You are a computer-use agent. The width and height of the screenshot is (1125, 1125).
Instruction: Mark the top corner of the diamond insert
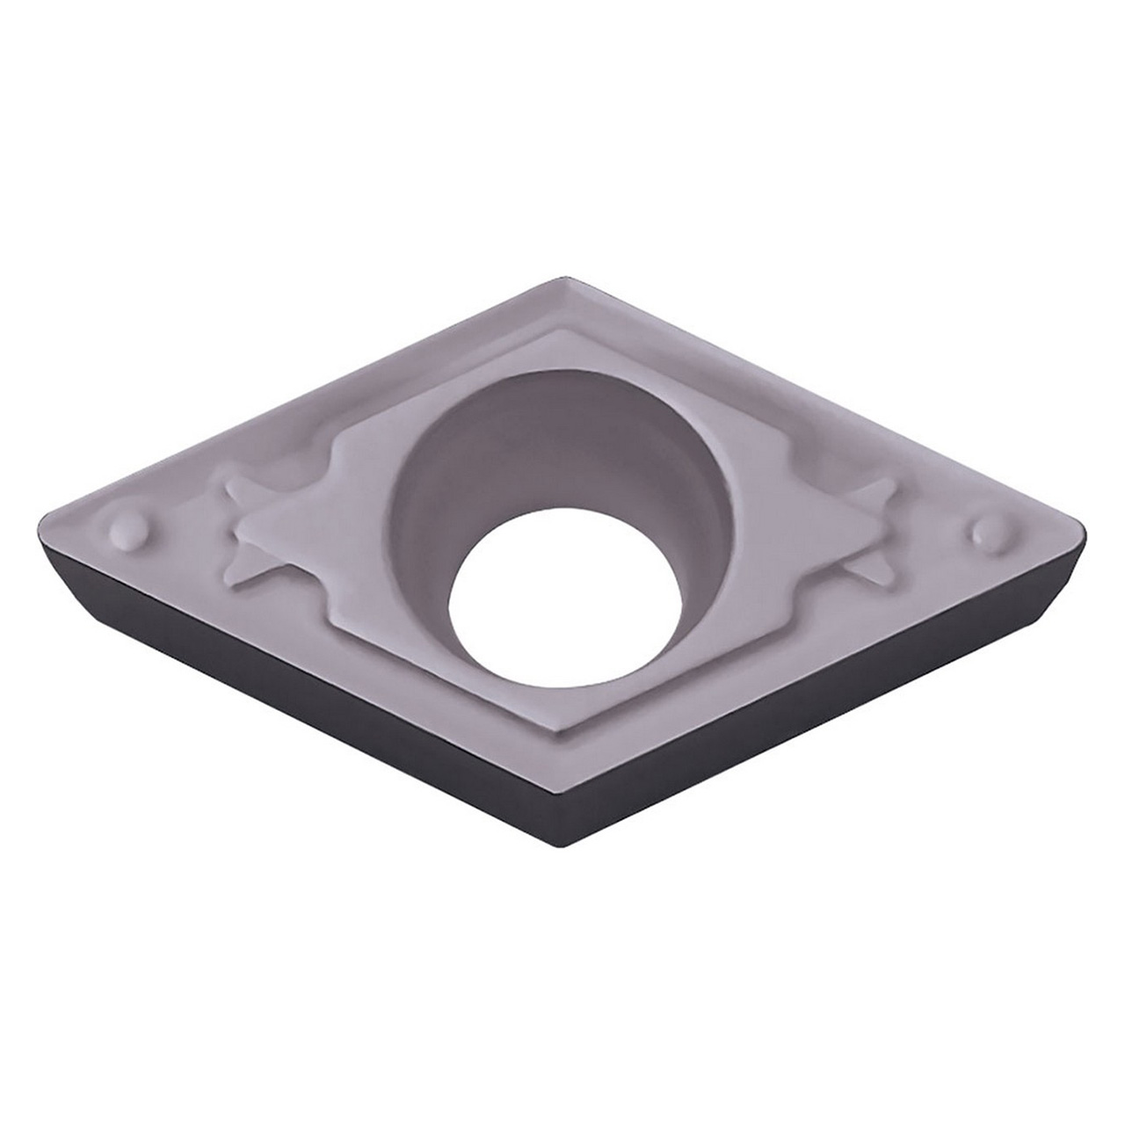click(x=560, y=280)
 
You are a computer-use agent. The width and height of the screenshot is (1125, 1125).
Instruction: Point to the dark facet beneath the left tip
click(x=62, y=571)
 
